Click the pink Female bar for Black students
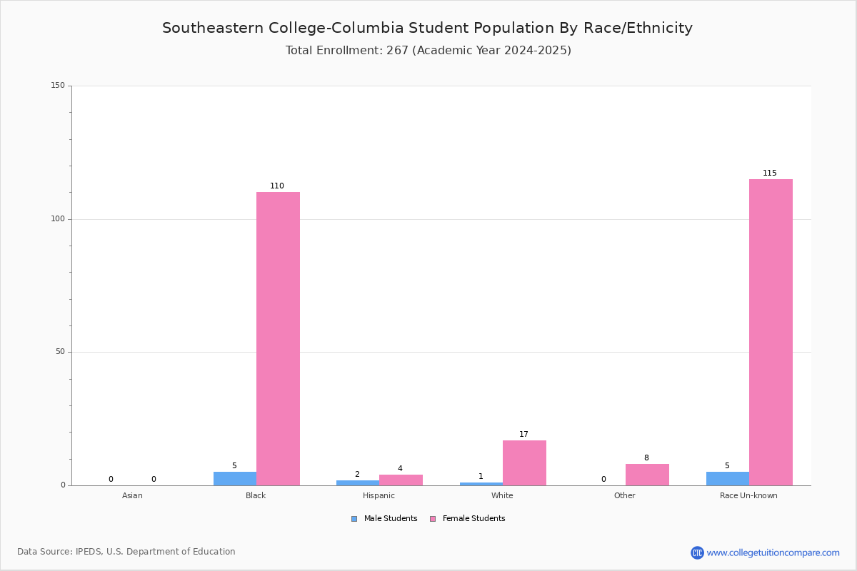tap(278, 338)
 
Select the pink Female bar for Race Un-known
tap(771, 332)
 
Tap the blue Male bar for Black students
tap(235, 479)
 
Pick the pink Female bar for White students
tap(524, 463)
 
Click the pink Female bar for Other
tap(647, 475)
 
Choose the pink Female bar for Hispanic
tap(401, 480)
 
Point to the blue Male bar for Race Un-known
tap(728, 479)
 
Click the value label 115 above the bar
tap(770, 173)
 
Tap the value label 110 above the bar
tap(277, 186)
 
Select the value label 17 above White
tap(523, 434)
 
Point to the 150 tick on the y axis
tap(58, 86)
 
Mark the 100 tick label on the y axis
tap(58, 219)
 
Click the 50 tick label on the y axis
tap(60, 352)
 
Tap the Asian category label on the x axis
tap(132, 495)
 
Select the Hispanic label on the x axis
tap(379, 495)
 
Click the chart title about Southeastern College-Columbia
tap(427, 28)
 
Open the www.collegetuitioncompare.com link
tap(773, 552)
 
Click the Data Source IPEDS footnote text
tap(126, 552)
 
